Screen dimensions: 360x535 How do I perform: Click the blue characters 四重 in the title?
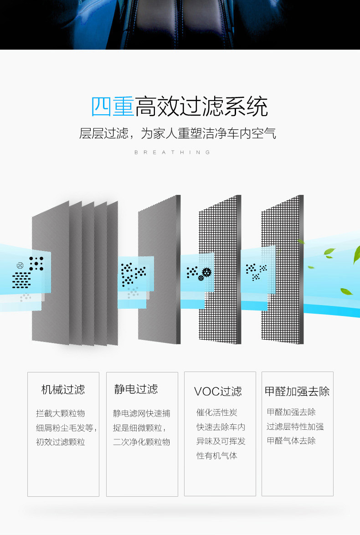tap(113, 107)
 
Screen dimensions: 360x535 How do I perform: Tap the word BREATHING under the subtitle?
tap(173, 153)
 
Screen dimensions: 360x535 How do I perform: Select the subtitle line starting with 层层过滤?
tap(178, 134)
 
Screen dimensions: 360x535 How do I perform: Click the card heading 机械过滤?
tap(63, 390)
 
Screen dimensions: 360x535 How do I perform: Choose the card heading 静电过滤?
tap(136, 389)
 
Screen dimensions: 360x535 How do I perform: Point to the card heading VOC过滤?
tap(218, 392)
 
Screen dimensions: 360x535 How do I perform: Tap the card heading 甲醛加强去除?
tap(297, 392)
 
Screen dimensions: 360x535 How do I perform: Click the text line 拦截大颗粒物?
tap(61, 413)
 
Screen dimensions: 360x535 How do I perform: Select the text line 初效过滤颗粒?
tap(61, 442)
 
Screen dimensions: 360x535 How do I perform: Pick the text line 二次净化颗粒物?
tap(141, 442)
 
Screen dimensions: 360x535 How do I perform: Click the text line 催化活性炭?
tap(217, 413)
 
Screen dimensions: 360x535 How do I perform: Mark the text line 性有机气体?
tap(217, 455)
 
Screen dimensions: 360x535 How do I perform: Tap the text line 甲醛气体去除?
tap(291, 441)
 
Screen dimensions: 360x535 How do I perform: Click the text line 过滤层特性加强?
tap(295, 427)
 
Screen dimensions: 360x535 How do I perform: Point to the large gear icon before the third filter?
tap(207, 272)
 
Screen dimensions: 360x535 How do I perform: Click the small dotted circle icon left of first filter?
tap(20, 265)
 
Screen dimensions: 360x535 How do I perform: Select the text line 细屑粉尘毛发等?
tap(66, 428)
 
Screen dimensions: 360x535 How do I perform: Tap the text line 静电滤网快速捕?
tap(141, 413)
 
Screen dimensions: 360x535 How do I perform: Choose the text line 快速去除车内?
tap(221, 427)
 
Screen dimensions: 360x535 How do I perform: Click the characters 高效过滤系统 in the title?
tap(201, 107)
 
